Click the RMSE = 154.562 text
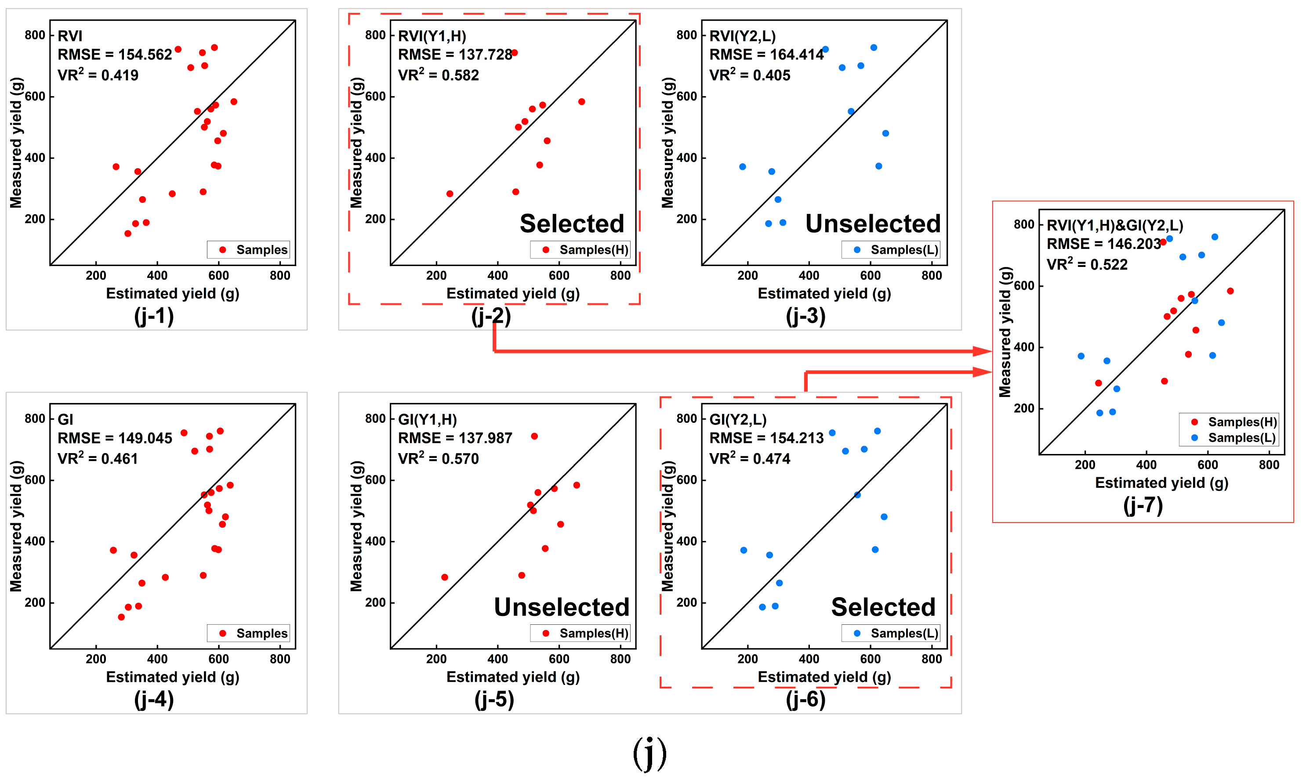click(x=114, y=54)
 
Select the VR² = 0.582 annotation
click(x=438, y=75)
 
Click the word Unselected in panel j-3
click(x=873, y=224)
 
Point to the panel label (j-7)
click(x=1143, y=505)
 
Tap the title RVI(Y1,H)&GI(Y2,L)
click(x=1114, y=225)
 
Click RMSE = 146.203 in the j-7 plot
click(x=1103, y=244)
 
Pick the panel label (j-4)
click(x=154, y=699)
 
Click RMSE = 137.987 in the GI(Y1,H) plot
click(x=455, y=438)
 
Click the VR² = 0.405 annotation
click(x=749, y=75)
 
